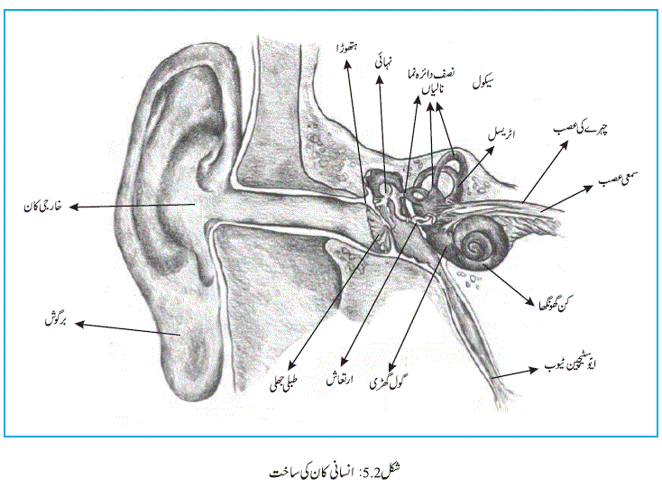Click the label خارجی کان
click(42, 207)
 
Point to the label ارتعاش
click(339, 379)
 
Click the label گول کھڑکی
click(386, 382)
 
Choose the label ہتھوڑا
click(347, 48)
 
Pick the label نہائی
click(383, 61)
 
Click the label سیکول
click(483, 81)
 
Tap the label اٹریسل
click(501, 134)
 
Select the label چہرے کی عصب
click(581, 129)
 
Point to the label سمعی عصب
click(618, 179)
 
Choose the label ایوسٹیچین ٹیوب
click(570, 364)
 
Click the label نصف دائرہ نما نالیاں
click(430, 80)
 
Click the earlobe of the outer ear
click(190, 363)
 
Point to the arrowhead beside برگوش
click(79, 324)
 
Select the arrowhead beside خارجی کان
click(74, 207)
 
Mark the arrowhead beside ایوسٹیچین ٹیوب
click(534, 370)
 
